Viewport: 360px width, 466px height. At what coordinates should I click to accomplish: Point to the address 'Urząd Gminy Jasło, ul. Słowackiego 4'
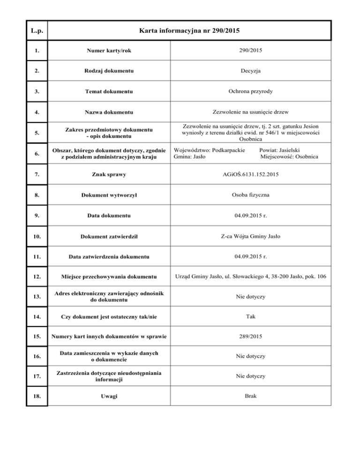point(232,278)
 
